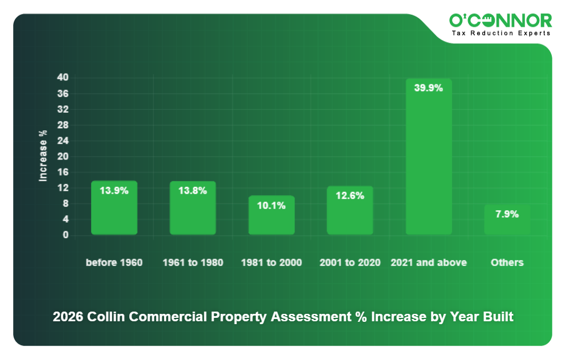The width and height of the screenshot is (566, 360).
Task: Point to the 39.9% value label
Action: tap(428, 88)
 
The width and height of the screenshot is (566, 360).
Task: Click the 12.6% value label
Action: tap(350, 195)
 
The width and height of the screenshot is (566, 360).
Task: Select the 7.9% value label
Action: tap(507, 214)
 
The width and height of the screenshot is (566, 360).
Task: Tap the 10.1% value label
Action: tap(271, 206)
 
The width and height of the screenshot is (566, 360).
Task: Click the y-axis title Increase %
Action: tap(43, 156)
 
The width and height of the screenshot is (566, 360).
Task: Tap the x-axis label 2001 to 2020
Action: tap(350, 263)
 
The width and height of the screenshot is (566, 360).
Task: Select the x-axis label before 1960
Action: tap(114, 263)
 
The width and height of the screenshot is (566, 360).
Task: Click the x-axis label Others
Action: tap(507, 263)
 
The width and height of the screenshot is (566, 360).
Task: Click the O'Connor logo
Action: tap(500, 21)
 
